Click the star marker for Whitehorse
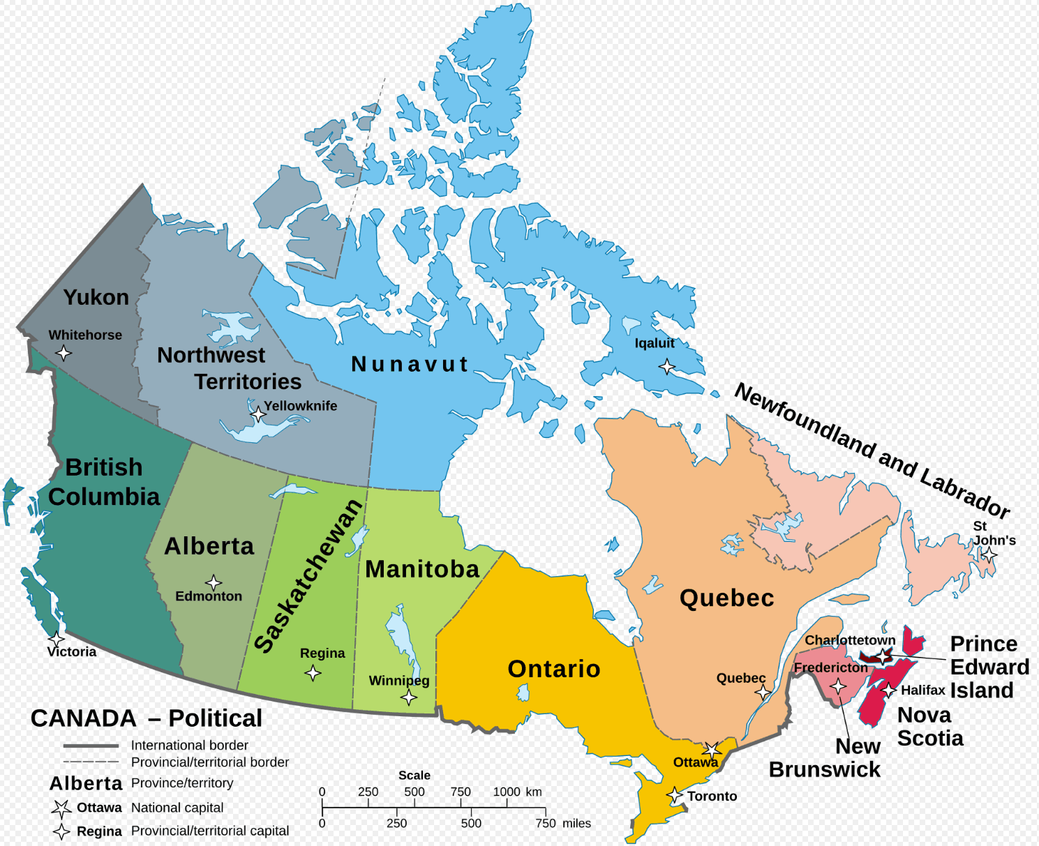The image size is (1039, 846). tap(63, 353)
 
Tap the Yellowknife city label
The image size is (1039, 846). tap(300, 406)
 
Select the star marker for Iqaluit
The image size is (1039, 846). tap(667, 366)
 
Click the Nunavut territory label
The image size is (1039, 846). tap(410, 364)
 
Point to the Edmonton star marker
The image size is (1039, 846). tap(214, 582)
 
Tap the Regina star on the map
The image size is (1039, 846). tap(313, 673)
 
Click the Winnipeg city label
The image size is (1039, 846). tap(399, 681)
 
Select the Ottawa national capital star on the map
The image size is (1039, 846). tap(712, 750)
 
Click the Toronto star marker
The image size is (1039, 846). tap(675, 795)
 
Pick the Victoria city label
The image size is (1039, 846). tap(72, 652)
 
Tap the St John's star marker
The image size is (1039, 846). tap(989, 555)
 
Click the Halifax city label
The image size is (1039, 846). tap(922, 690)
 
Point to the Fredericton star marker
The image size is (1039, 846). tap(838, 686)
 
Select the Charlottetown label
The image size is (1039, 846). tap(850, 640)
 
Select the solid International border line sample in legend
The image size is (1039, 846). tap(91, 746)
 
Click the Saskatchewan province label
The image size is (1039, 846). tap(308, 576)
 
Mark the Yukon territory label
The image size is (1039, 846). tap(96, 297)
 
